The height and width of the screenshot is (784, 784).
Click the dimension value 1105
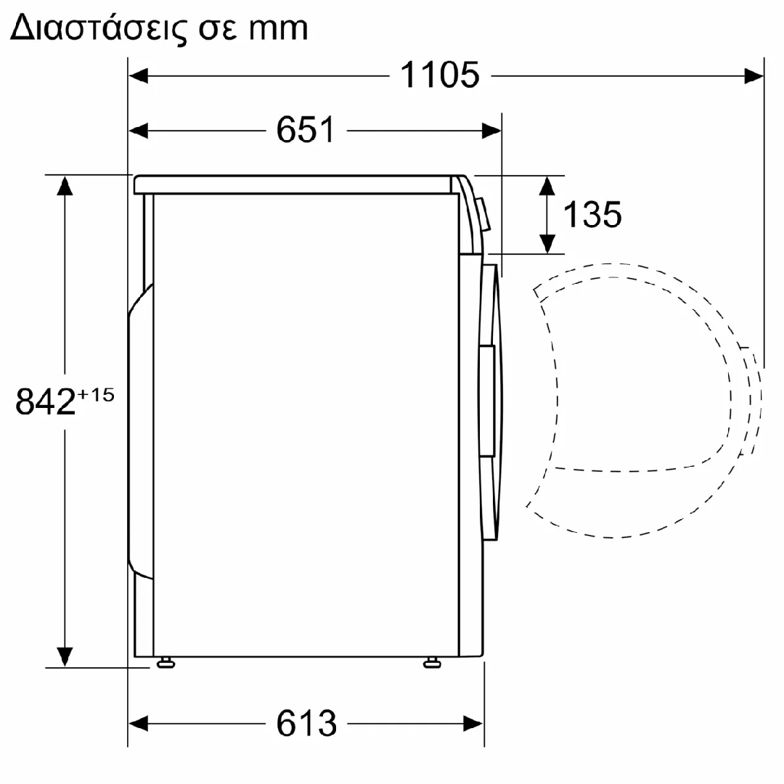coord(440,75)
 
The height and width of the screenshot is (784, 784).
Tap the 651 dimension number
coord(306,130)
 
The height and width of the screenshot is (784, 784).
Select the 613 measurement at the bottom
coord(306,723)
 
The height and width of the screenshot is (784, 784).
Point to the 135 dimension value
coord(592,214)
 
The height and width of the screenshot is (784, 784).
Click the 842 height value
coord(46,401)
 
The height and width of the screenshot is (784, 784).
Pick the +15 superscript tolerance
coord(96,395)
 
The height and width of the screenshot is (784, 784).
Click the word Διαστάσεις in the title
coord(99,28)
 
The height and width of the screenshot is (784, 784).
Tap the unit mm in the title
coord(279,29)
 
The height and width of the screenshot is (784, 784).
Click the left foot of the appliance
coord(166,663)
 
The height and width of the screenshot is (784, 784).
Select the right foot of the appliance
coord(432,663)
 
